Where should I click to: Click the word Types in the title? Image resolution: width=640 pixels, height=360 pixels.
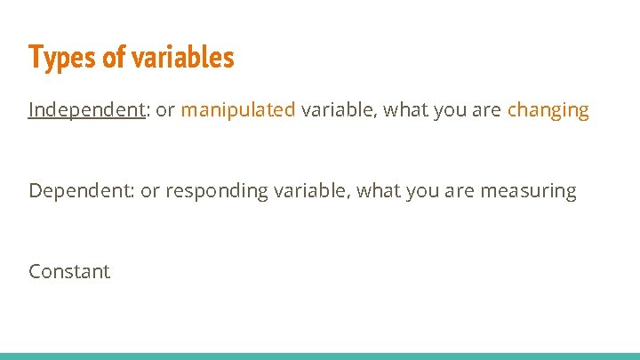click(60, 58)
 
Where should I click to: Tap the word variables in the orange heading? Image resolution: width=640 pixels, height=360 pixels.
click(182, 58)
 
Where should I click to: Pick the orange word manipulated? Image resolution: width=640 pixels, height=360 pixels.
click(238, 110)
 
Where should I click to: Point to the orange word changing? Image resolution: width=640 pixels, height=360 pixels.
click(548, 110)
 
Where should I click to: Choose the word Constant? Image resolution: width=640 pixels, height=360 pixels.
click(69, 271)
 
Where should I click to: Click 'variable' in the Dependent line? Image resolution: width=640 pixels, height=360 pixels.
click(310, 190)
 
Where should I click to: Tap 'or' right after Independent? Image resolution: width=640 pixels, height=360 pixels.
click(165, 110)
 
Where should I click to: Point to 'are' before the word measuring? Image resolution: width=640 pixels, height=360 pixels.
click(462, 191)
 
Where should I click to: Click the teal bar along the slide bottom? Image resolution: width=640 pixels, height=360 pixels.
click(320, 356)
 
